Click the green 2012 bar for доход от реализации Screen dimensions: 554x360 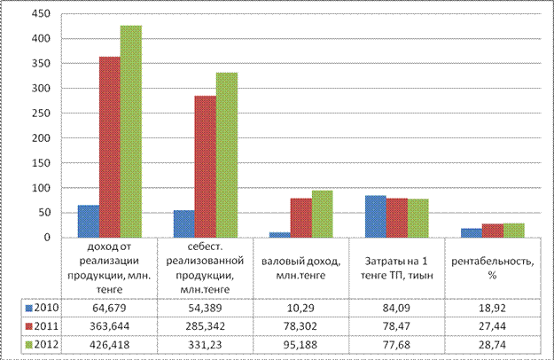131,131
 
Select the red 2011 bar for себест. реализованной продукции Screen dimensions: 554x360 206,167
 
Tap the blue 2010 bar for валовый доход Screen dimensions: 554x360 280,235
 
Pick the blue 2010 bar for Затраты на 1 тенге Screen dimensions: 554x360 376,216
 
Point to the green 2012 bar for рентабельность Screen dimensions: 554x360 514,231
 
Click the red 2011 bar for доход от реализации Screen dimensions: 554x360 110,147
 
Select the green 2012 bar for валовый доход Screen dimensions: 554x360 323,214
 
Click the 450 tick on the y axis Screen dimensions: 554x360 41,14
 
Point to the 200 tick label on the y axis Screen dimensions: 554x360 41,138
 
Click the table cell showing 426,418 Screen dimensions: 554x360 109,344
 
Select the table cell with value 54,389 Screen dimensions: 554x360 205,308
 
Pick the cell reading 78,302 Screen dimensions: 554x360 300,326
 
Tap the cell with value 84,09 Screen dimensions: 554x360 396,308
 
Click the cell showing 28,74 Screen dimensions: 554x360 493,344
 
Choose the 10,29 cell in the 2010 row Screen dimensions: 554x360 300,308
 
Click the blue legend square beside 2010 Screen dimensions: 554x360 29,308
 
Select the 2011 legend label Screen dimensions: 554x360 46,325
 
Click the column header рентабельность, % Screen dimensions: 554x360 493,268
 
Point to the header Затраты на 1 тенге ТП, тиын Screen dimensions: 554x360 396,268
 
